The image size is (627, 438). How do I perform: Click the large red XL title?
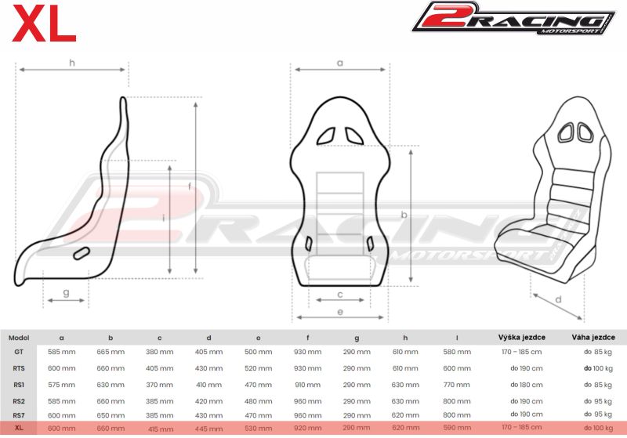pos(44,24)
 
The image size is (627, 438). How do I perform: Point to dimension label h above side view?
pos(72,63)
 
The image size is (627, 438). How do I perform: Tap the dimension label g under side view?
pos(67,293)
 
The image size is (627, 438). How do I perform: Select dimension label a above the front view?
pos(340,63)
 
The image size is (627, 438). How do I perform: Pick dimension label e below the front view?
pos(340,312)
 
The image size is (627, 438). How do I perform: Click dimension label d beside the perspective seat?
pos(559,299)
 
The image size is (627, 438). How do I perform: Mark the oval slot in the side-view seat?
pos(82,253)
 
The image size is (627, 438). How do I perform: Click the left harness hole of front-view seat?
pos(326,136)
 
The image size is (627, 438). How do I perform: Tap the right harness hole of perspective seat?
pos(584,132)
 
